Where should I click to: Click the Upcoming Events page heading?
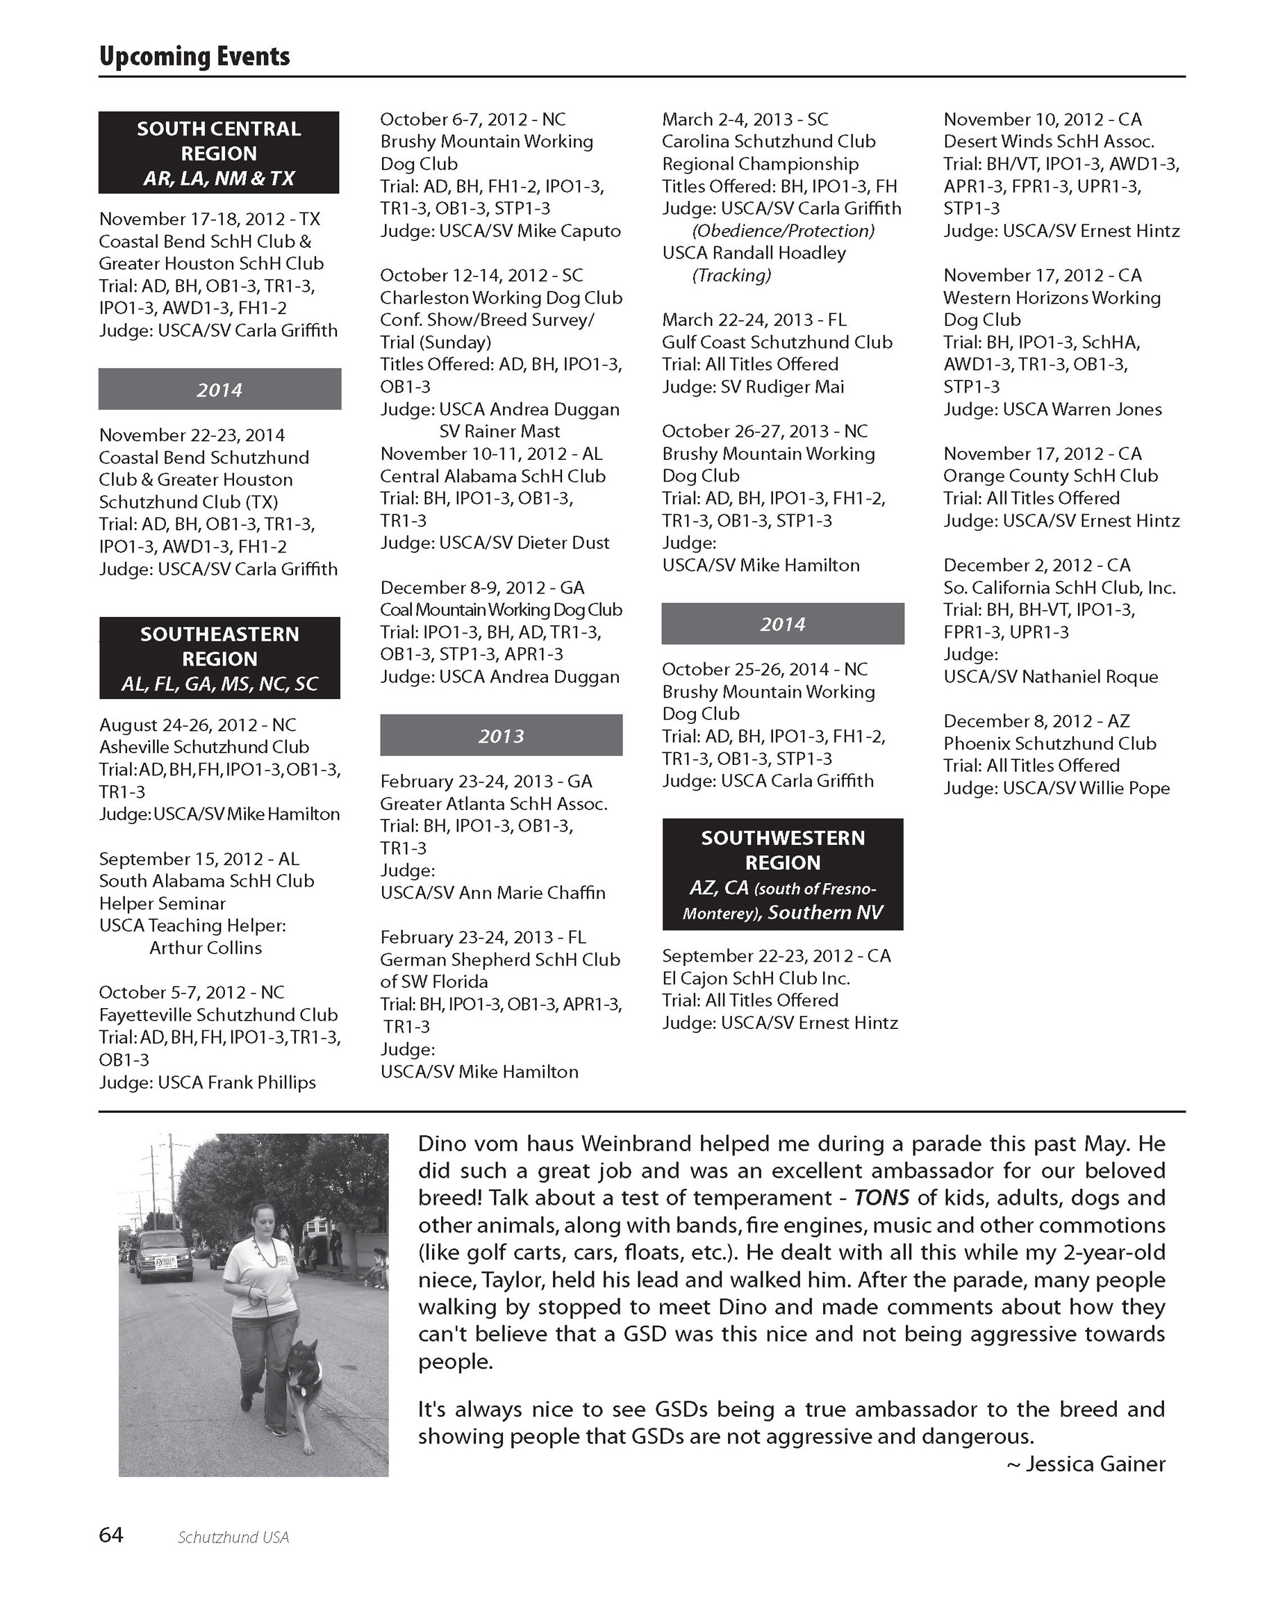tap(194, 57)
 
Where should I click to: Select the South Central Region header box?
tap(218, 153)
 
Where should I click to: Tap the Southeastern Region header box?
tap(219, 658)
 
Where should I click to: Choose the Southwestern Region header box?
tap(782, 874)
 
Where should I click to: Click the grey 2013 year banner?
tap(501, 736)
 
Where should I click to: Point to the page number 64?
tap(111, 1535)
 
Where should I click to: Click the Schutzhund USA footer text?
tap(233, 1537)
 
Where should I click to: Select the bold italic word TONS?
tap(881, 1198)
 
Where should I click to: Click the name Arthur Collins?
tap(206, 948)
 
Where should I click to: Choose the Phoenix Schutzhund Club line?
tap(1050, 743)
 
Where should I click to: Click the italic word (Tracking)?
tap(731, 276)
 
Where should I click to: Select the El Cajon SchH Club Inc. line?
tap(756, 978)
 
